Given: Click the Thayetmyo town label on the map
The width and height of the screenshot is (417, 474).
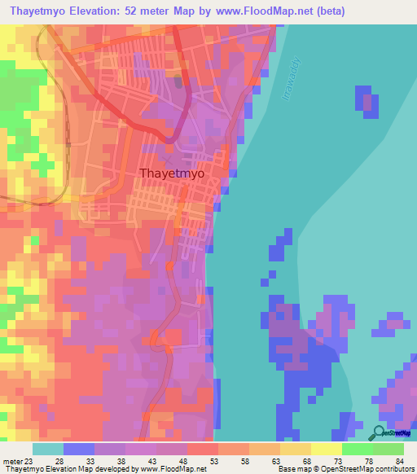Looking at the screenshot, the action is [x=172, y=173].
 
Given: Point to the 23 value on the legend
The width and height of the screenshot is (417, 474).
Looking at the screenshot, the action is [x=29, y=461].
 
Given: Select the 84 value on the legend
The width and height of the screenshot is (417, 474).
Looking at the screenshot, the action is [x=400, y=461].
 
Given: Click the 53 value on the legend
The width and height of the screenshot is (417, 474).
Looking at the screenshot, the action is [x=214, y=461].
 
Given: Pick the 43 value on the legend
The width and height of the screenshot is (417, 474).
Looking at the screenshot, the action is [x=152, y=461].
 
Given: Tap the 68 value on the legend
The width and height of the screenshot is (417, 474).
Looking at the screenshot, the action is [x=307, y=461].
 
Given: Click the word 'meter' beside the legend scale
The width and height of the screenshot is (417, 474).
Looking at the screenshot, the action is [x=12, y=461].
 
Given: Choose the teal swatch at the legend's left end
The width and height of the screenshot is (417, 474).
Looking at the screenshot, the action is [x=47, y=449].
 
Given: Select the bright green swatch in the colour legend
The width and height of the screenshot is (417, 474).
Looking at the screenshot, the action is [x=357, y=449].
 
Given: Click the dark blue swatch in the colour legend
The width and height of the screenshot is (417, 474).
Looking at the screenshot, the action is [x=78, y=449].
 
